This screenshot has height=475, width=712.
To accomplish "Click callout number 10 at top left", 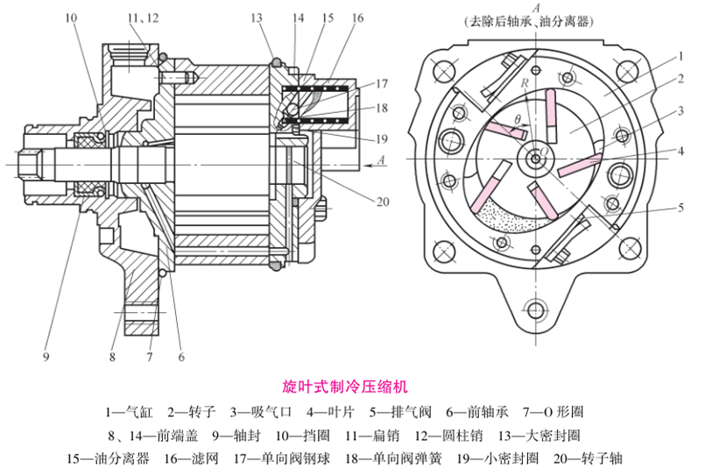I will [x=70, y=18].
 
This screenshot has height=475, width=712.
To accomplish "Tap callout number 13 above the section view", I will [x=256, y=18].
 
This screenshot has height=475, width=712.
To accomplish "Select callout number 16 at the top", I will [x=357, y=18].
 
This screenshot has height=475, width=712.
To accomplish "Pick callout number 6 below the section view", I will [x=181, y=356].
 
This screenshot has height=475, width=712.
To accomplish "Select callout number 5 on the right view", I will [x=680, y=208].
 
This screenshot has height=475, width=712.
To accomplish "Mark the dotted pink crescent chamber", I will [x=509, y=222].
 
